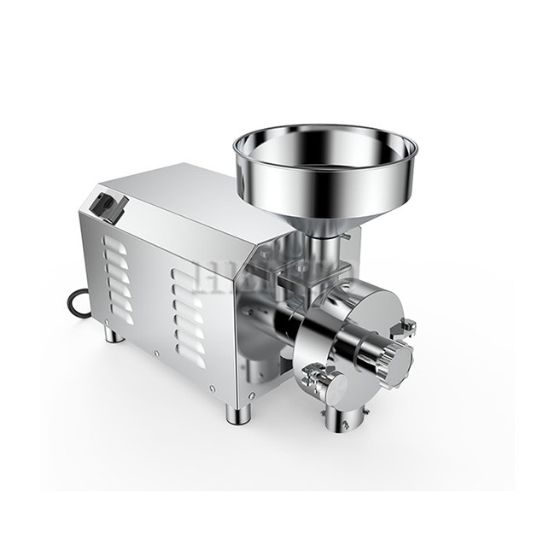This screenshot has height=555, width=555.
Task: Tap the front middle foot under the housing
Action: coord(235,414)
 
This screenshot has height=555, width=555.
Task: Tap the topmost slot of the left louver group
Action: coord(115,242)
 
